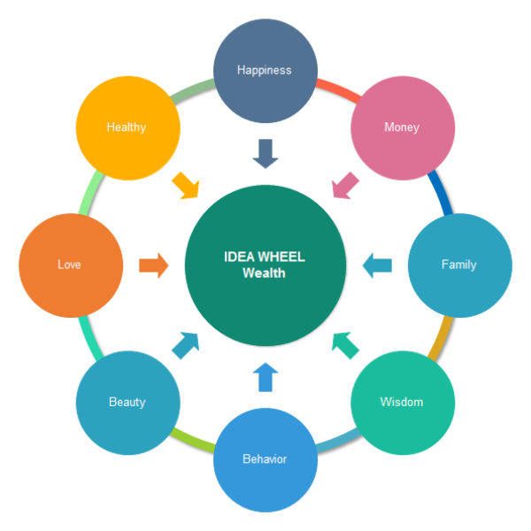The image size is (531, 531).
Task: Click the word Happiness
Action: (265, 70)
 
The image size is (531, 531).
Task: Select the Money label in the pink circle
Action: (402, 127)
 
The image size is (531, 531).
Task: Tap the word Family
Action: (459, 265)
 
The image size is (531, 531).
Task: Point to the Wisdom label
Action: (402, 402)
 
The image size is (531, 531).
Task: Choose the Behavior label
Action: (265, 459)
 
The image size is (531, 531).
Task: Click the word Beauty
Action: (127, 402)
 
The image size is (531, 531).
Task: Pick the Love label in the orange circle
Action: (69, 265)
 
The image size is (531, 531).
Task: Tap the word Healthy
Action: (127, 127)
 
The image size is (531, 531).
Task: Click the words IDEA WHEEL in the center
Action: (265, 257)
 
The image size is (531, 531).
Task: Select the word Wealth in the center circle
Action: (265, 273)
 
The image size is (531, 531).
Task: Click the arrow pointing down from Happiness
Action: (265, 153)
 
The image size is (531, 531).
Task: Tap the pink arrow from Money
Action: (345, 185)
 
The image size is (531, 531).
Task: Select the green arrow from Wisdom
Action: (345, 344)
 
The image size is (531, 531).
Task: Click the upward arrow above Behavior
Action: (265, 377)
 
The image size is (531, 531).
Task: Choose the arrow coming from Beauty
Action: (186, 344)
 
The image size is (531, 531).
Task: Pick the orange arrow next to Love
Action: (153, 265)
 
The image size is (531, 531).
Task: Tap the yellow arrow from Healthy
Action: (186, 185)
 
